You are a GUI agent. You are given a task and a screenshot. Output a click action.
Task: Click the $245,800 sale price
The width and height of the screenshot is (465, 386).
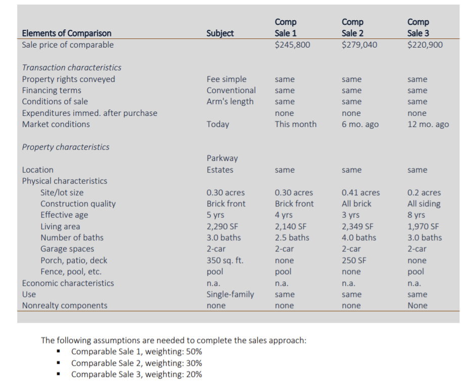coord(292,45)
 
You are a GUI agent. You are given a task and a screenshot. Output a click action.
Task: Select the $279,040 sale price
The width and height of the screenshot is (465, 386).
coord(359,45)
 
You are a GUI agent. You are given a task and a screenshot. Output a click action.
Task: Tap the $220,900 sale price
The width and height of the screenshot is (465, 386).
coord(425,45)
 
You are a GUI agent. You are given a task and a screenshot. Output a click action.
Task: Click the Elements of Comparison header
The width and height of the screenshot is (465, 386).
coord(67,33)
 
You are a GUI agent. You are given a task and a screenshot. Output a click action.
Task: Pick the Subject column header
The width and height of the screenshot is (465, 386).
coord(220,33)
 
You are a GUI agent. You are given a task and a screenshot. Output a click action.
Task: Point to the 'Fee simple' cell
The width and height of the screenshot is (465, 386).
coord(226,79)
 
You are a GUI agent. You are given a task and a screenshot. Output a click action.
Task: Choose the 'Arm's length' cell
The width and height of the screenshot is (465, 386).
coord(230,101)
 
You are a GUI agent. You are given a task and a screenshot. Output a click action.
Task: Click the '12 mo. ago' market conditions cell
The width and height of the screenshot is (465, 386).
coord(428,124)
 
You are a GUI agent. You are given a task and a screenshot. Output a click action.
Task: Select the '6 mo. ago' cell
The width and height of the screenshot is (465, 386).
coord(360,124)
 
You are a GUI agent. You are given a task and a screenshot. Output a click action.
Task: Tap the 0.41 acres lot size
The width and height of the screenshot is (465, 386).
coord(360,193)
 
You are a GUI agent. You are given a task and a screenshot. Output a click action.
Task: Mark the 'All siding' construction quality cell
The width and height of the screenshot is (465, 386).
coord(424,204)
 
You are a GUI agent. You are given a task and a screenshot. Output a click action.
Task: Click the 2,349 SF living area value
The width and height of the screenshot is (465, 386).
coord(357,227)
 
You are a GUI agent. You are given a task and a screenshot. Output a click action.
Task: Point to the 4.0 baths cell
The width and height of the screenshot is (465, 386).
coord(359,238)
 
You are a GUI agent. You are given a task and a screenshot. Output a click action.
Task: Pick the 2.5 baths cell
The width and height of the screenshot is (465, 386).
coord(292,238)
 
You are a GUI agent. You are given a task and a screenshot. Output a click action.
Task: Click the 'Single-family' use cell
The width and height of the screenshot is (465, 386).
coord(230,294)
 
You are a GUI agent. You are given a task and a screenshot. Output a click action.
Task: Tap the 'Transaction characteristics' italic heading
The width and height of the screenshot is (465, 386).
coord(72,67)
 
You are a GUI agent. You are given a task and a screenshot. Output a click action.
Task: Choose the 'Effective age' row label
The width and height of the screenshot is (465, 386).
coord(64,215)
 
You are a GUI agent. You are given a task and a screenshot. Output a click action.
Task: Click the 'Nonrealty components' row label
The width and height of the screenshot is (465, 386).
coord(65,306)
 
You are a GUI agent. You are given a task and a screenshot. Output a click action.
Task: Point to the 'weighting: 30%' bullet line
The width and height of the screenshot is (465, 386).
coord(136,363)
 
